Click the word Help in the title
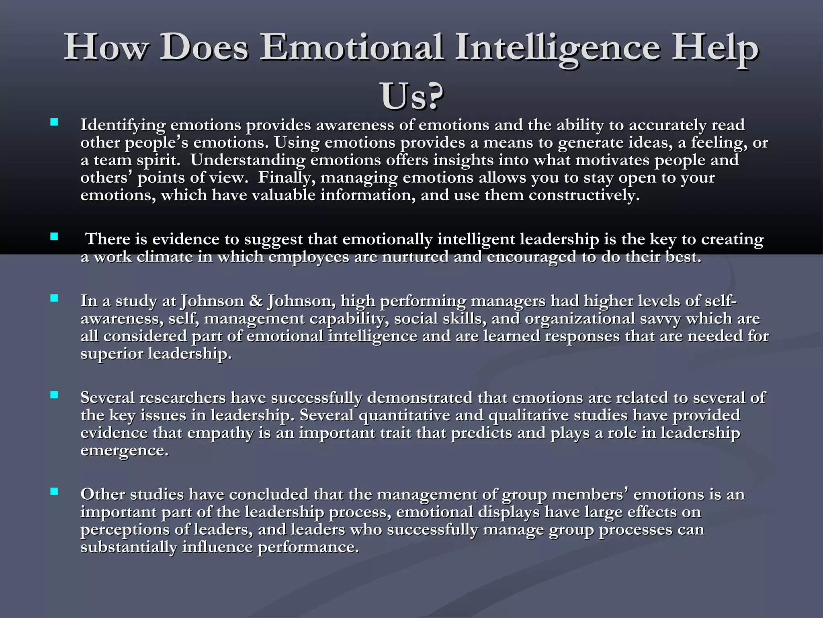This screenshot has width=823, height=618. coord(715,48)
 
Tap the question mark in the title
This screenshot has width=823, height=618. coord(433,97)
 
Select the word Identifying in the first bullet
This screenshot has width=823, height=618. coord(123,126)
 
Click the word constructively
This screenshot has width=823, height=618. coord(583,195)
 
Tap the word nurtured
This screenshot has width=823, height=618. coord(415,257)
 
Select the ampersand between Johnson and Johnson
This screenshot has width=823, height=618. coord(256,301)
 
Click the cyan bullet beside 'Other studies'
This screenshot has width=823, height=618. coord(54,491)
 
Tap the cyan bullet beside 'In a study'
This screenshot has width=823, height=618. coord(54,298)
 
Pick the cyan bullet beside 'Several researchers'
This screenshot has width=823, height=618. coord(54,395)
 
